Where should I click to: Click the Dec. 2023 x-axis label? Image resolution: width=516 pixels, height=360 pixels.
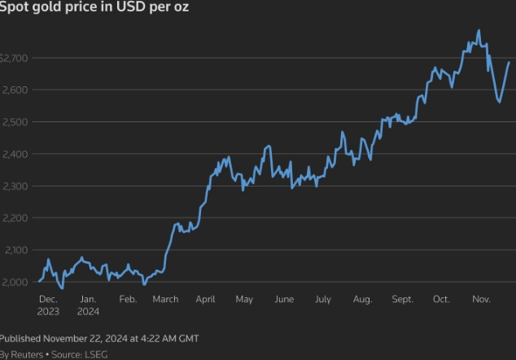pos(48,305)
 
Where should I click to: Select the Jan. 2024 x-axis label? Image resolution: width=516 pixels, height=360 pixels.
pos(88,305)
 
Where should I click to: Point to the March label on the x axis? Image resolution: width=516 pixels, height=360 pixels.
pos(166,300)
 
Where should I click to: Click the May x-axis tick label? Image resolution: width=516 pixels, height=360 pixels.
pos(244,300)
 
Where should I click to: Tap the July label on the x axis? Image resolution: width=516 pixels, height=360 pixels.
pos(323,300)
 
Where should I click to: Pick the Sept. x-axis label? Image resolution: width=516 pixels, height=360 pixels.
pos(402,300)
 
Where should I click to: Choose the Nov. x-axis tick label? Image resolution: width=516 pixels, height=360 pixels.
pos(481,300)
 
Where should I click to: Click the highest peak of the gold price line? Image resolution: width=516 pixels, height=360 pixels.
pos(479,31)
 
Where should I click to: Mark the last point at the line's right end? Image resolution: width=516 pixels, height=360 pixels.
pos(509,63)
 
